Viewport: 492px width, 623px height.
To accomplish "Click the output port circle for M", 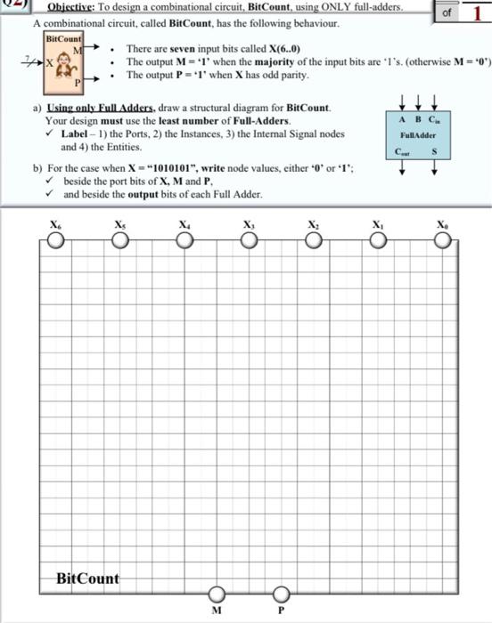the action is [216, 595].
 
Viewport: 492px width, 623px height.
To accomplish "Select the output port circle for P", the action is [281, 595].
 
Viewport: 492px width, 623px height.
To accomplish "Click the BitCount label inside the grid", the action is [87, 578].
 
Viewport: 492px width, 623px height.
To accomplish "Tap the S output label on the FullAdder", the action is [433, 152].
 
